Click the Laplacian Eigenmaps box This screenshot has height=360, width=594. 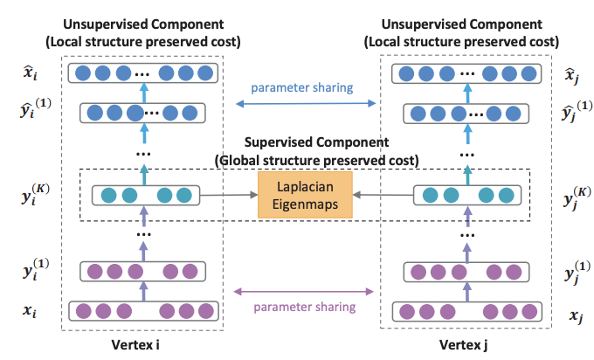coord(305,193)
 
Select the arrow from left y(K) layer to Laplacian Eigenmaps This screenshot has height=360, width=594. coord(232,193)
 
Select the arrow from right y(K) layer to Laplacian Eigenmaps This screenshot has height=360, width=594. coord(376,193)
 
